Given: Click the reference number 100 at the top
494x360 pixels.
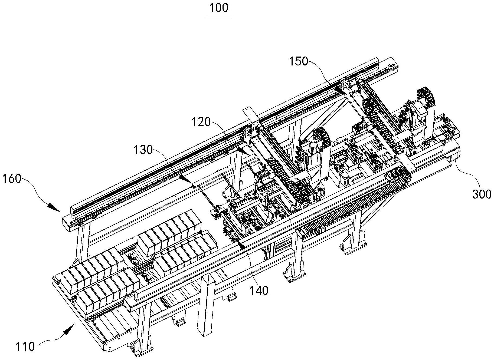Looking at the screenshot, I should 218,8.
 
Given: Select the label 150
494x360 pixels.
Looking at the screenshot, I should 299,62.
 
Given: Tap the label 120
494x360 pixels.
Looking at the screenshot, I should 201,122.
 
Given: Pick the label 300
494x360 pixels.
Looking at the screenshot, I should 482,194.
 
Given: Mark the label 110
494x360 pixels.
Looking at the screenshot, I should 25,347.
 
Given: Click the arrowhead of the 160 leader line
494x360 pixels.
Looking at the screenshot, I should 56,209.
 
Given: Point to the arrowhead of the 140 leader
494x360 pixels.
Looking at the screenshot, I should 240,245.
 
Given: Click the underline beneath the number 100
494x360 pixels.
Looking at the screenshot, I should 218,17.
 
